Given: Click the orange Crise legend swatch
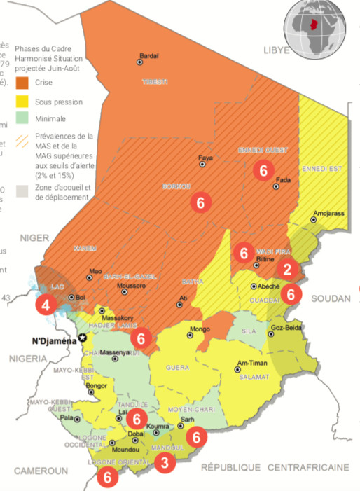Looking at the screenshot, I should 21,82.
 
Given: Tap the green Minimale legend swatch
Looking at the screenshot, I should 21,118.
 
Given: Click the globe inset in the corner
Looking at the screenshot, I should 314,32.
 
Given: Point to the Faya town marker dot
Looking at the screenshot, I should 202,165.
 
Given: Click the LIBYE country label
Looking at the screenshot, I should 277,51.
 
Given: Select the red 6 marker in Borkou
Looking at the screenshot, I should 200,202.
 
